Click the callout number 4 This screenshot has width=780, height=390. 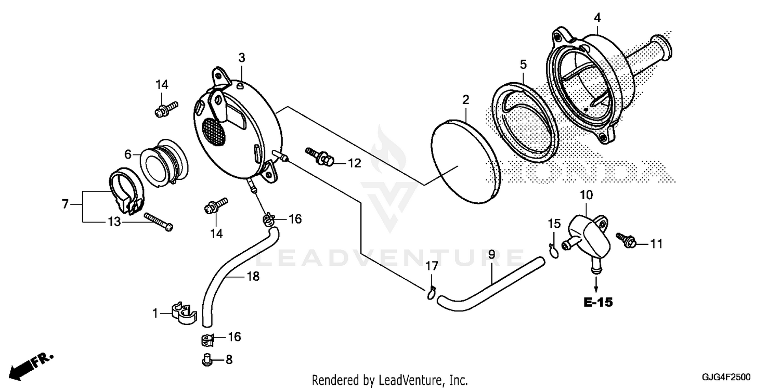pos(597,18)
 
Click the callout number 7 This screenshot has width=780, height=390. pos(65,204)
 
